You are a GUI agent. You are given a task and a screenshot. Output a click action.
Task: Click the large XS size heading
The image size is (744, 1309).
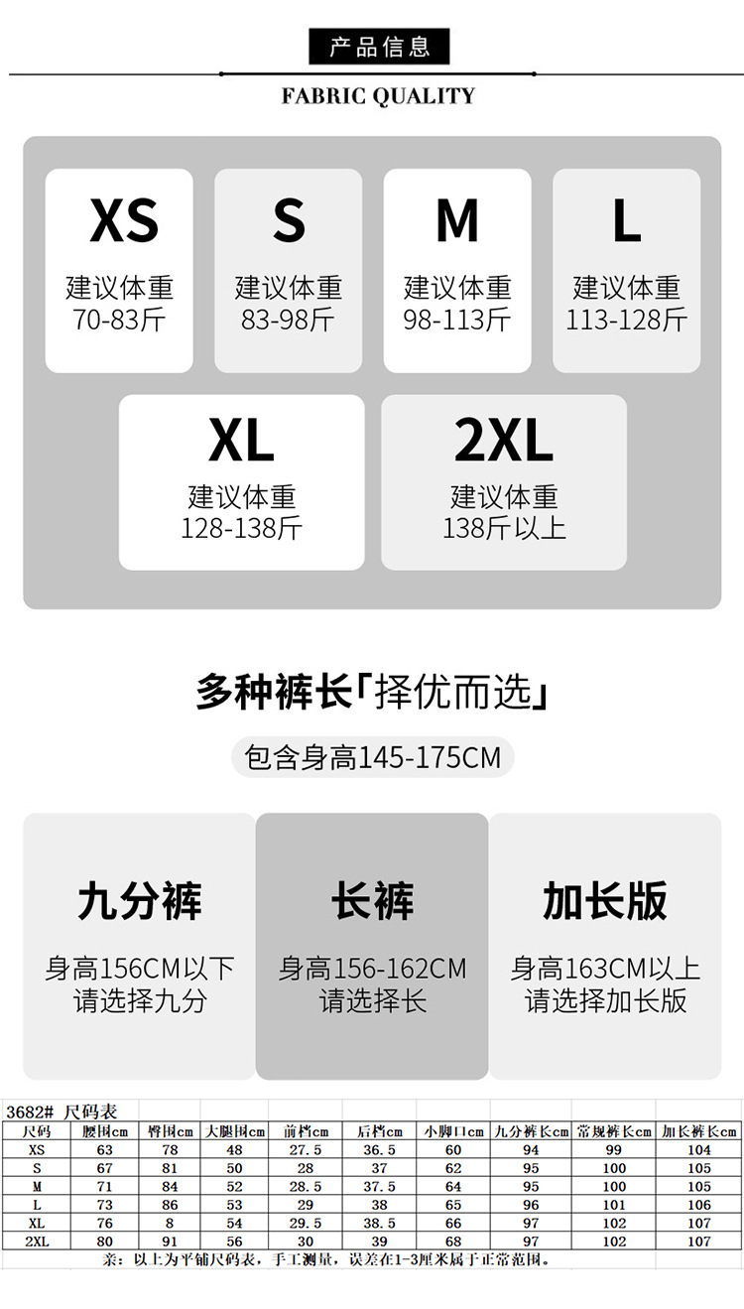pos(124,220)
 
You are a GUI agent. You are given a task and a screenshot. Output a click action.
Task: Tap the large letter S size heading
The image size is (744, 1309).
pos(289,220)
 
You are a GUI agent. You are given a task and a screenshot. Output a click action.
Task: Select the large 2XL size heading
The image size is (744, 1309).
pos(504,442)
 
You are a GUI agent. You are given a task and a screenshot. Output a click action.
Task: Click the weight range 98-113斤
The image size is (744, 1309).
pos(457,320)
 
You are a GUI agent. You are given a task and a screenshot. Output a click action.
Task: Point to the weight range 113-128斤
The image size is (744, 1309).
pos(626,320)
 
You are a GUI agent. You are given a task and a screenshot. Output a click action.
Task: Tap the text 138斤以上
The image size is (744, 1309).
pos(504,528)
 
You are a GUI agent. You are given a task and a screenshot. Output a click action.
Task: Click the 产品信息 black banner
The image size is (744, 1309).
pos(379,47)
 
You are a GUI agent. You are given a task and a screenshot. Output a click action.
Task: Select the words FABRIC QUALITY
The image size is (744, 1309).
pos(378,96)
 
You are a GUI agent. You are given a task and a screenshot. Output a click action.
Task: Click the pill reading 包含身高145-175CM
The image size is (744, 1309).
pos(372,758)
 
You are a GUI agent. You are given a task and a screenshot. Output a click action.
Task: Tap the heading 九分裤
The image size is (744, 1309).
pos(139,901)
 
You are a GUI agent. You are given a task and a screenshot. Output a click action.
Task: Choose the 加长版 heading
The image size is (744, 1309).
pos(605,901)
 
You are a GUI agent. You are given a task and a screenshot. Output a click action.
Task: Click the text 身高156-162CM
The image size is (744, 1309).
pos(372,969)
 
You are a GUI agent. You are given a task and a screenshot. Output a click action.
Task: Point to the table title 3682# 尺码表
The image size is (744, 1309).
pos(62,1112)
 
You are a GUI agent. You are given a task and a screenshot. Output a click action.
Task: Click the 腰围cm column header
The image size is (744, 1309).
pos(105,1131)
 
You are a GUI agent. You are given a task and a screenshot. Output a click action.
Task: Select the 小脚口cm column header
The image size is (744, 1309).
pos(453,1131)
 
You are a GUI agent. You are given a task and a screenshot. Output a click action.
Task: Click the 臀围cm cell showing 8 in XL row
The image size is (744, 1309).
pos(171,1224)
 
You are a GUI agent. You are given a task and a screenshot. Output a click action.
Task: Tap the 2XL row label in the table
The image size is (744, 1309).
pos(37,1242)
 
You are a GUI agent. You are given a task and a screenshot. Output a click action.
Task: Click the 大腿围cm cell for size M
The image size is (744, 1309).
pos(234,1187)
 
